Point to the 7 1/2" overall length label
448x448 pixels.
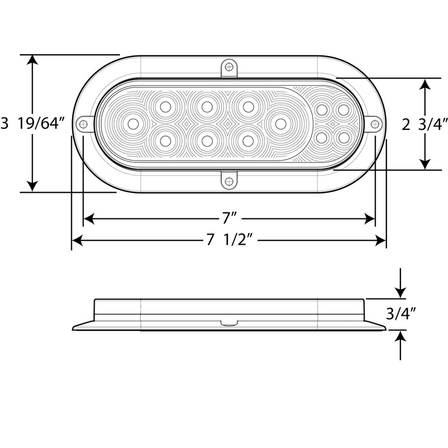click(x=228, y=241)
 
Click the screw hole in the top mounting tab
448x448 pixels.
click(x=228, y=67)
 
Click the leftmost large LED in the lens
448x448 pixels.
click(x=133, y=123)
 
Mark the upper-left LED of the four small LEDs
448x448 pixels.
click(x=322, y=110)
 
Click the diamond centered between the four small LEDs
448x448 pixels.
click(x=332, y=123)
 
